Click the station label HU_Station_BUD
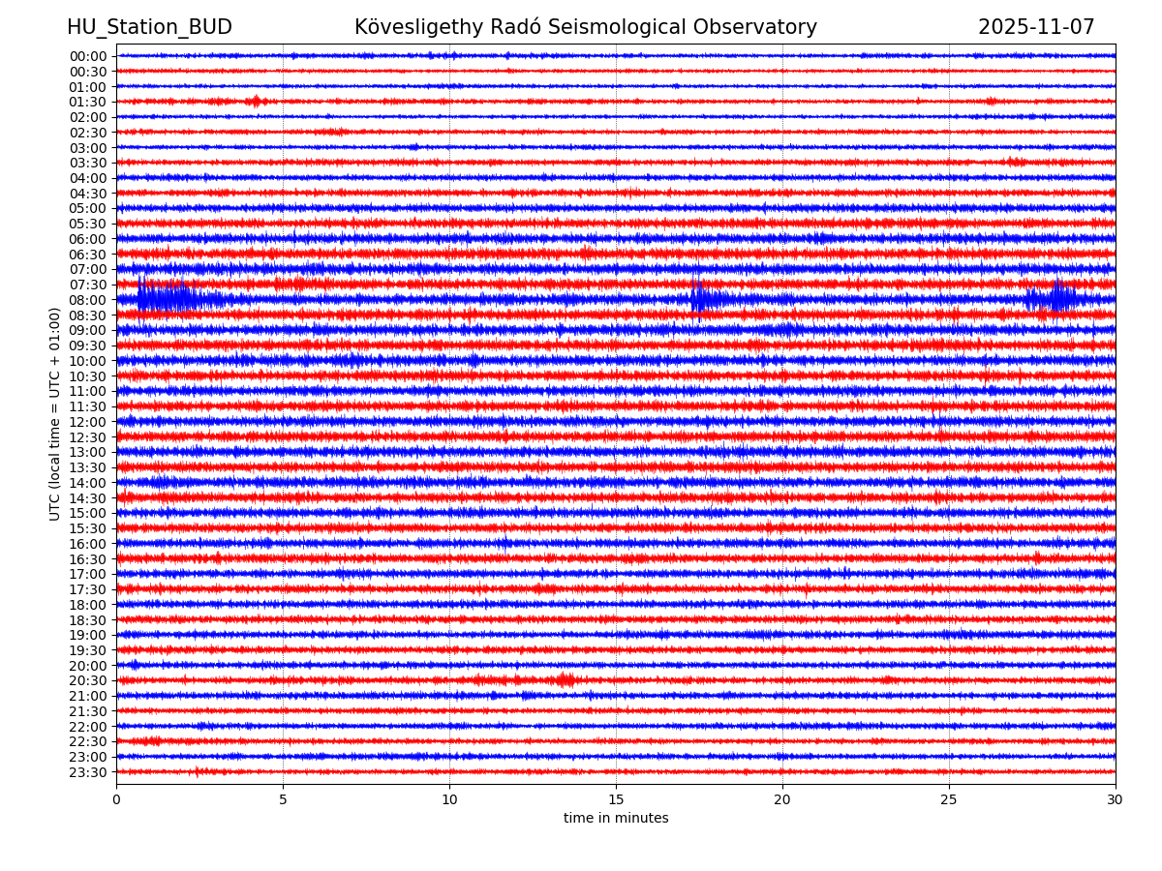(149, 28)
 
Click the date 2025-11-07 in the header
(1036, 28)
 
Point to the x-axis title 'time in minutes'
(616, 819)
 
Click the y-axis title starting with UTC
(55, 414)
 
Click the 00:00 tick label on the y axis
(88, 56)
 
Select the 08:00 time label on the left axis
(88, 300)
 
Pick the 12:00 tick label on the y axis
(88, 422)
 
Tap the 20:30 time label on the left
(88, 680)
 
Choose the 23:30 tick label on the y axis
(88, 772)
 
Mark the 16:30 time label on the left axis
(88, 559)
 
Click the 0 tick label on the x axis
(116, 799)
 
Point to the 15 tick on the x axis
(616, 799)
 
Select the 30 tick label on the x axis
(1116, 799)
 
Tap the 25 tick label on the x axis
(949, 799)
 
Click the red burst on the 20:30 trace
(565, 680)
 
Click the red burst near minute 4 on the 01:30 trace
(255, 102)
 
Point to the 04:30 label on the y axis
(88, 194)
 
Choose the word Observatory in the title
(755, 28)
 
